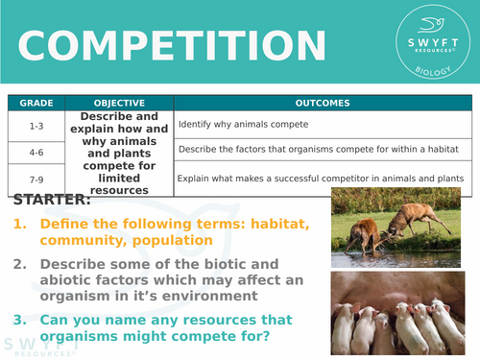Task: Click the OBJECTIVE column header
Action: click(119, 103)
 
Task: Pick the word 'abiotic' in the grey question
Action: click(77, 280)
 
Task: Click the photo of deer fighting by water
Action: click(399, 227)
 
